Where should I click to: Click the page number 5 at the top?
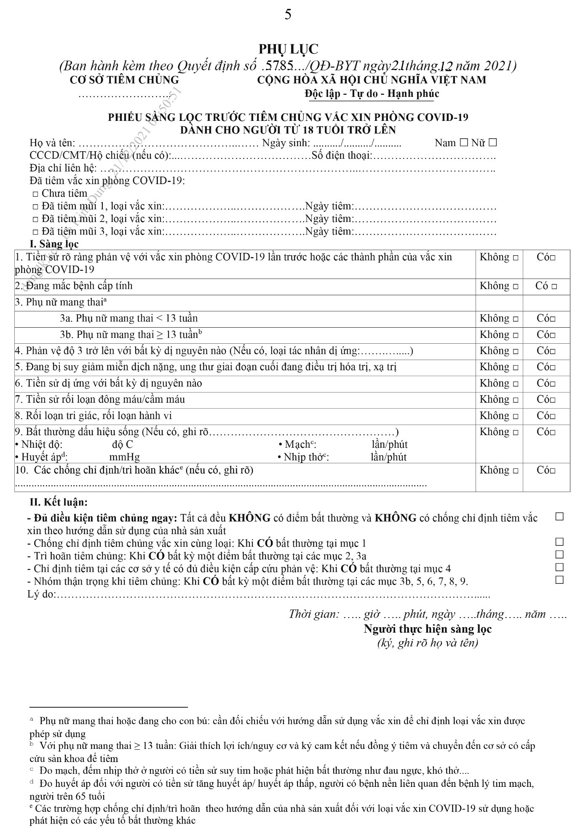pos(288,15)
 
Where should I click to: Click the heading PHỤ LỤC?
pos(288,49)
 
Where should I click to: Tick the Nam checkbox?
pos(463,143)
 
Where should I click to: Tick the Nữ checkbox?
pos(492,143)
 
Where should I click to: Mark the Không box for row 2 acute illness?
pos(515,287)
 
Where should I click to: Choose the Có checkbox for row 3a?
pos(552,319)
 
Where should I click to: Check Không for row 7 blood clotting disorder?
pos(515,400)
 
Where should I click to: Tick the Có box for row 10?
pos(552,471)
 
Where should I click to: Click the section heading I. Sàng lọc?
pos(54,244)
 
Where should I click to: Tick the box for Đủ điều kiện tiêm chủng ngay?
pos(559,516)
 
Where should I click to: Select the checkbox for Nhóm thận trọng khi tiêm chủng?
pos(559,580)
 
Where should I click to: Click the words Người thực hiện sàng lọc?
pos(428,629)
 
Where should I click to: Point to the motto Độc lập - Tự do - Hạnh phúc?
pos(372,94)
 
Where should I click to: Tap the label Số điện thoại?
pos(342,156)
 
